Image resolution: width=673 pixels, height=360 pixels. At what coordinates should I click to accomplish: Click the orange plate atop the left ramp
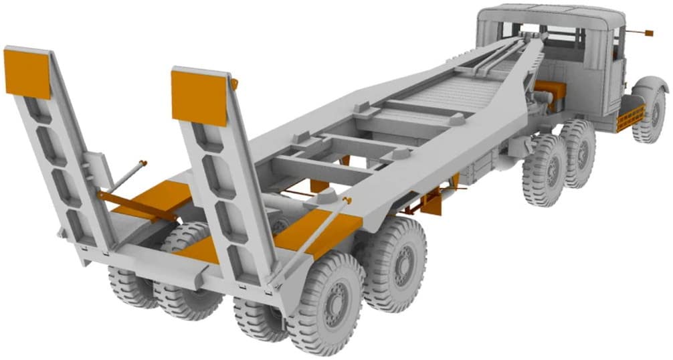point(27,72)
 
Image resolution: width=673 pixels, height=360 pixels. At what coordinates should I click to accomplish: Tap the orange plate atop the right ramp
point(199,98)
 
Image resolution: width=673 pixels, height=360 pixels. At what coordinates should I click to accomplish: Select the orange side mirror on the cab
point(648,32)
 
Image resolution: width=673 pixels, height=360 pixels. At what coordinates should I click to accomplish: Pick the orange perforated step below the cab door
point(630,118)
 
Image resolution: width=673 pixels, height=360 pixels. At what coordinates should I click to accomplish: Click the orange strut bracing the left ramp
point(134,204)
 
